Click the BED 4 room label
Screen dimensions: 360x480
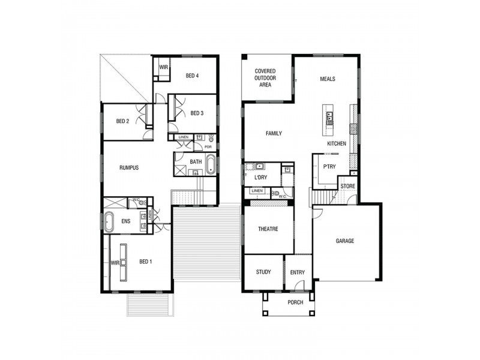point(192,76)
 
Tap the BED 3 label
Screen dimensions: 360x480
point(197,113)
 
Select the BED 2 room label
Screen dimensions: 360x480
point(122,121)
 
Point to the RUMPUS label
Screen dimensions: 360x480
point(129,168)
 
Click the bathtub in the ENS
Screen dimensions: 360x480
point(109,221)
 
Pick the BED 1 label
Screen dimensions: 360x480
point(146,262)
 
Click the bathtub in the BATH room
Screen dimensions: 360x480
point(211,164)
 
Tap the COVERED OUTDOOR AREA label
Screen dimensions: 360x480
point(265,78)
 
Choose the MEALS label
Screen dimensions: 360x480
point(327,79)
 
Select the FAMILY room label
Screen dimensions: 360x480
point(274,134)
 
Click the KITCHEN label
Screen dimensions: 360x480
point(337,144)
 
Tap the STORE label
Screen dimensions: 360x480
point(348,187)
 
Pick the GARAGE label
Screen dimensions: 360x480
point(345,241)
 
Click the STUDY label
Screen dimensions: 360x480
point(263,272)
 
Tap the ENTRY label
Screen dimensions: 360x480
point(298,273)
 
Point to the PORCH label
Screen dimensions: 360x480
point(295,302)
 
